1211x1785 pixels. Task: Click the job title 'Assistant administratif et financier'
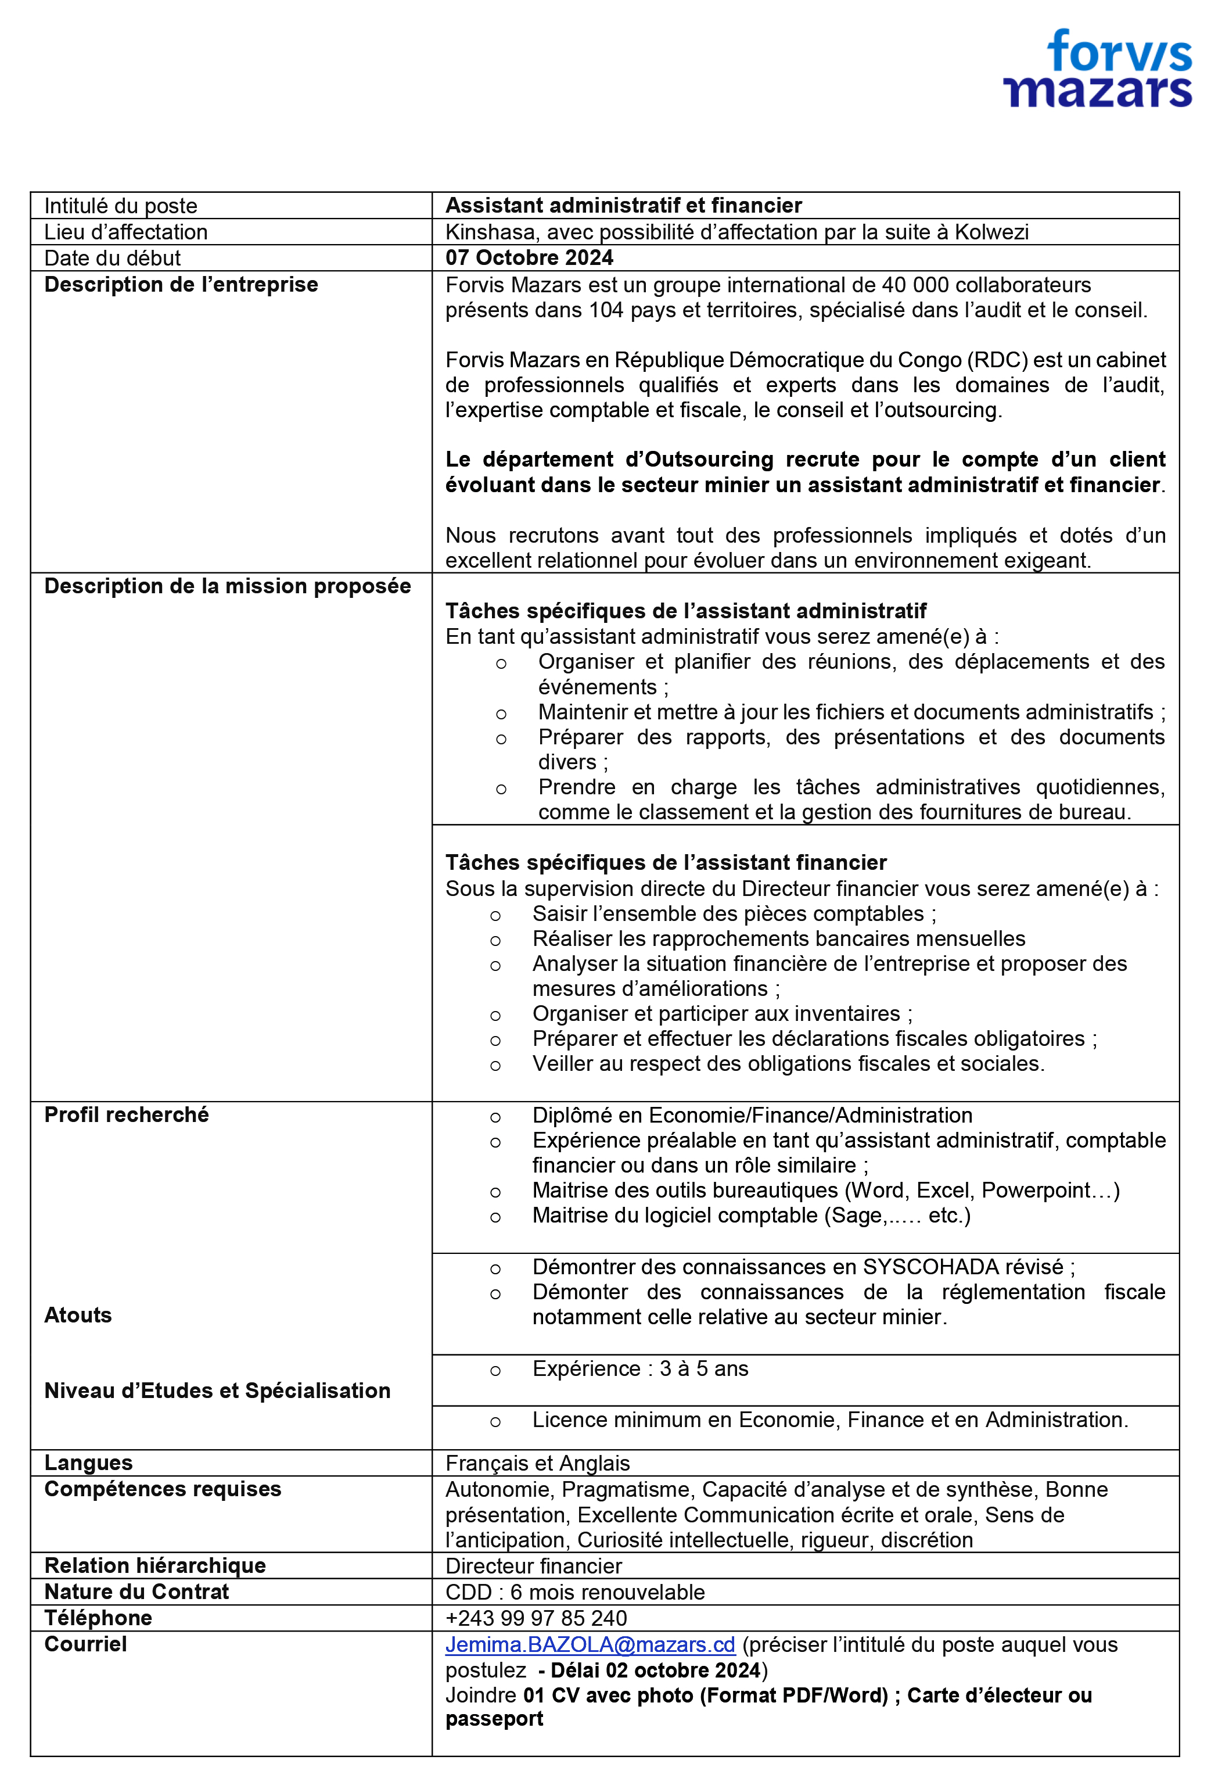[x=624, y=205]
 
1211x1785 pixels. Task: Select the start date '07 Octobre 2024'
[x=529, y=257]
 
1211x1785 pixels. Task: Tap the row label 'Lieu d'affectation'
[x=126, y=232]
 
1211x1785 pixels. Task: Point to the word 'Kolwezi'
[x=991, y=232]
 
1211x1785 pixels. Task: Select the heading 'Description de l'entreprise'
[x=181, y=284]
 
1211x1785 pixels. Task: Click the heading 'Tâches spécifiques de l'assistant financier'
[x=666, y=862]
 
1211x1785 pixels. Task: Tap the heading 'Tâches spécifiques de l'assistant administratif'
[x=686, y=611]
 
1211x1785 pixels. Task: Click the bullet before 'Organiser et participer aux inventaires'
[x=495, y=1015]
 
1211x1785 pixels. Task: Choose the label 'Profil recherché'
[x=127, y=1114]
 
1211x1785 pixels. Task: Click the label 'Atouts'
[x=78, y=1315]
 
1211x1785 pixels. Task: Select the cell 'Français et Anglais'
[x=537, y=1463]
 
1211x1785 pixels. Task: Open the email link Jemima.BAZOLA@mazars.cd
[x=590, y=1644]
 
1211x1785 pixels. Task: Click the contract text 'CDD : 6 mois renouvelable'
[x=574, y=1592]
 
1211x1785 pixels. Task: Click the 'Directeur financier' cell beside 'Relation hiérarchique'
[x=534, y=1566]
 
